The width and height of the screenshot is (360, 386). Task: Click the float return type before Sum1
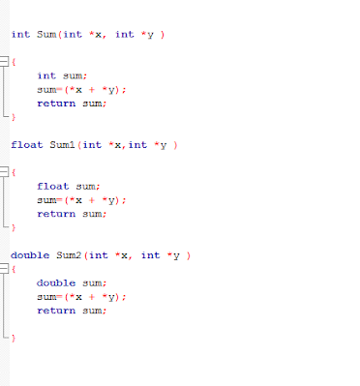(26, 144)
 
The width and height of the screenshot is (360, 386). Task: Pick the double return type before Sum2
(29, 255)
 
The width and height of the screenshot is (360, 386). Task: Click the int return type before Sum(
(20, 34)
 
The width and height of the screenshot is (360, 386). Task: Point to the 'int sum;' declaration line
(60, 74)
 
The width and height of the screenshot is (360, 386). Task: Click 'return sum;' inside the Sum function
(71, 103)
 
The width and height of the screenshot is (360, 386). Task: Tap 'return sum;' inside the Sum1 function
(71, 214)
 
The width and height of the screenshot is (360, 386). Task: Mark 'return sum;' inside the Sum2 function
(71, 311)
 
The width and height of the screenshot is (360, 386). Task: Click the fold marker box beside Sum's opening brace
(5, 62)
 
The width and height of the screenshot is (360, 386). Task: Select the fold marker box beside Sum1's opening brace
(5, 172)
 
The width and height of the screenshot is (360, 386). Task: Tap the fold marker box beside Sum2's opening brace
(5, 270)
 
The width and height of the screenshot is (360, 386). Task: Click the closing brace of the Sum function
(14, 116)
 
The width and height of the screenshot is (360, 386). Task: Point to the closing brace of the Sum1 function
(14, 227)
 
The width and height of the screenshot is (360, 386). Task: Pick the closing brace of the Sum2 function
(14, 339)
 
